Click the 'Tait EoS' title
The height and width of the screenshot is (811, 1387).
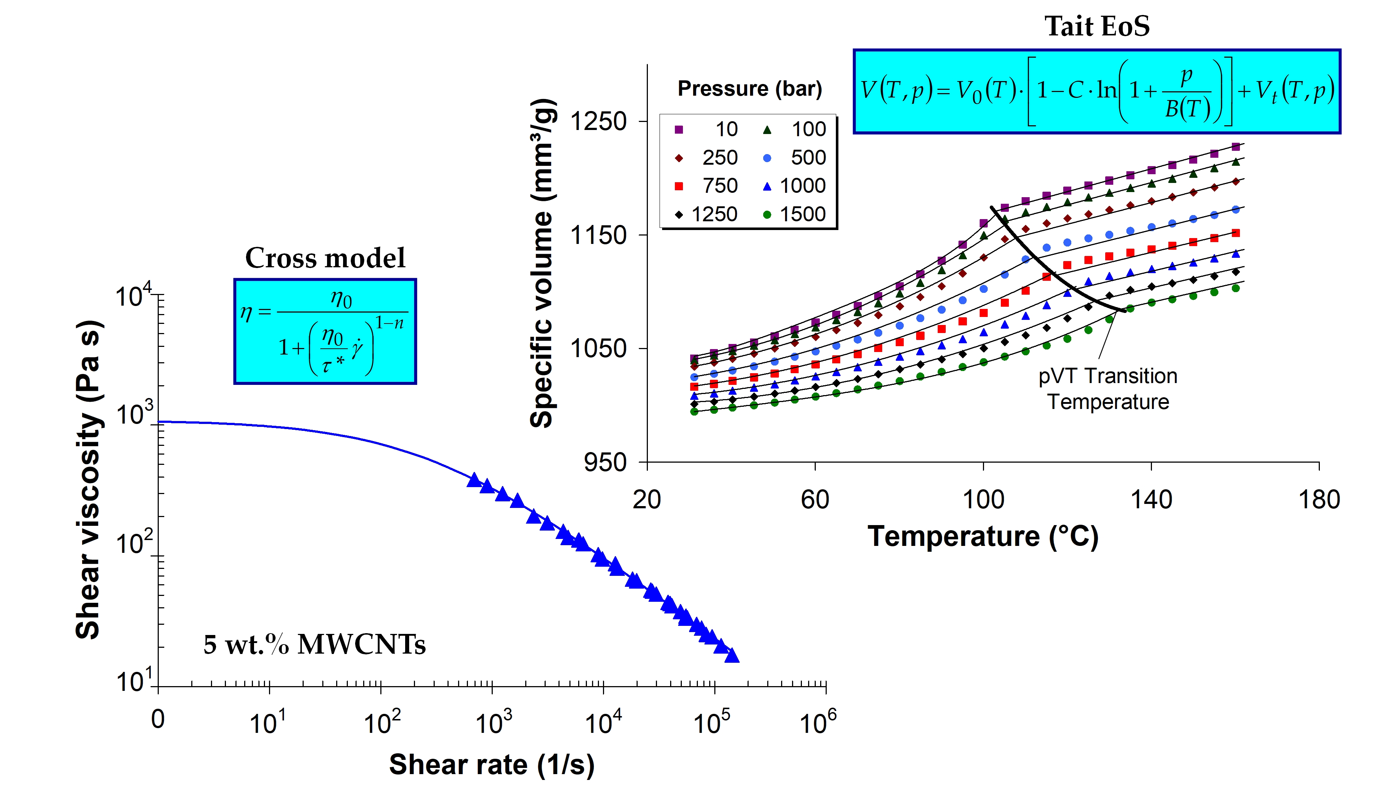(x=1096, y=26)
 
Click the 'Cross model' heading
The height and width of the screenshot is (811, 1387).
(x=325, y=258)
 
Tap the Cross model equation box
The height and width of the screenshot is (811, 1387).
(x=325, y=332)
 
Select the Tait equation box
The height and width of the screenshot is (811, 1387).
(x=1096, y=91)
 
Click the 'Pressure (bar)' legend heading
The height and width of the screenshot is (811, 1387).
(x=749, y=89)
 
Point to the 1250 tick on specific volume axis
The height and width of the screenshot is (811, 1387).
(x=598, y=121)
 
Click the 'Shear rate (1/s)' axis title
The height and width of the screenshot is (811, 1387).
(x=492, y=764)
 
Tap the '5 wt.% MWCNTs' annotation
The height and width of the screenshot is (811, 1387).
(x=314, y=644)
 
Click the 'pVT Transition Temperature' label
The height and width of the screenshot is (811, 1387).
(x=1107, y=389)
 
